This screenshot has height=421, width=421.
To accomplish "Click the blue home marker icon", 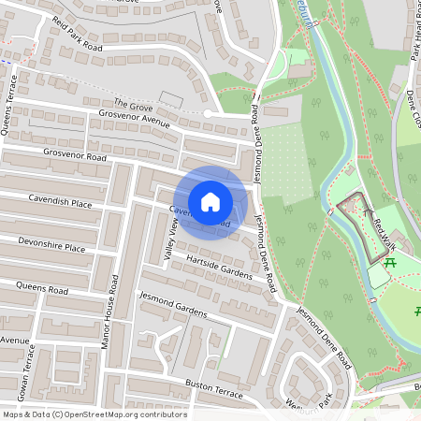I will coord(210,202).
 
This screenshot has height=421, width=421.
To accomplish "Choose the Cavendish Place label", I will coord(59,202).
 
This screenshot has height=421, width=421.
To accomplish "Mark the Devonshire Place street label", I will coord(51,245).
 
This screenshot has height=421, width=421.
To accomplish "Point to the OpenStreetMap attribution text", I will coord(94,414).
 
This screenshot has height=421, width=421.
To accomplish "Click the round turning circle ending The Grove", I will coord(208,113).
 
